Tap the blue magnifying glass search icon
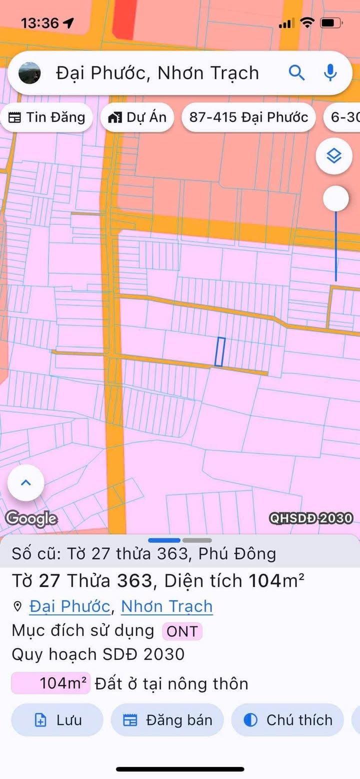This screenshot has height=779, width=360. tap(296, 73)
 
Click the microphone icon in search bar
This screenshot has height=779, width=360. tap(329, 73)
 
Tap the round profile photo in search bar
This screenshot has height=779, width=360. tap(29, 73)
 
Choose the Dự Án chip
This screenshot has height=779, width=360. tap(137, 117)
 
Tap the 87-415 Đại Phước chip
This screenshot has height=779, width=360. tap(248, 117)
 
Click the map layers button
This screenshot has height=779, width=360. tap(334, 156)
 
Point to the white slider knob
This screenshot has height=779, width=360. tap(335, 199)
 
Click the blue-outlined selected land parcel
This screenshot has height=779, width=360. tap(220, 351)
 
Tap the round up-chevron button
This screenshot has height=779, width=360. tap(26, 482)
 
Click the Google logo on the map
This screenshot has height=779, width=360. tap(31, 518)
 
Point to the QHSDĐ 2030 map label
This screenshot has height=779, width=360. tap(311, 518)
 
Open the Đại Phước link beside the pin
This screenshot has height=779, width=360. tap(69, 606)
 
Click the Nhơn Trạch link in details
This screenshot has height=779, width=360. tap(167, 606)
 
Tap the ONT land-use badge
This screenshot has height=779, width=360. tap(182, 631)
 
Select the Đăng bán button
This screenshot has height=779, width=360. tap(167, 720)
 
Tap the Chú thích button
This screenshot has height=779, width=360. tap(287, 720)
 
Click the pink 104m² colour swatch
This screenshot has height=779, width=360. tap(50, 683)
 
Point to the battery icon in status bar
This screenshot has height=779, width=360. tap(331, 23)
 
